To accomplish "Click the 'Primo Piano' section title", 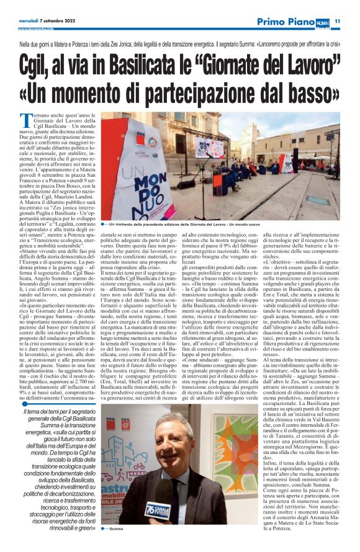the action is point(286,22).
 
